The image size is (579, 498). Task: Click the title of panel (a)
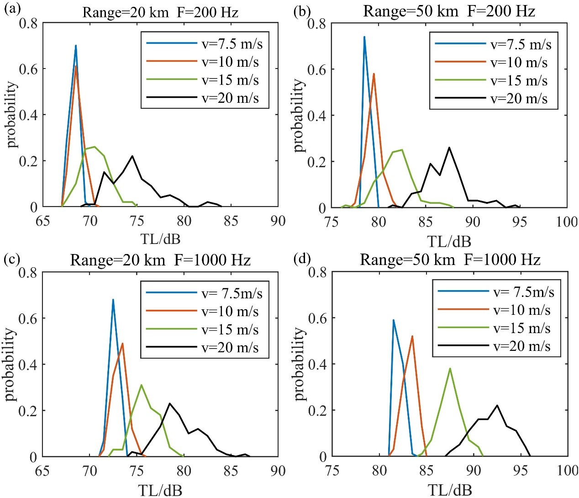coord(160,12)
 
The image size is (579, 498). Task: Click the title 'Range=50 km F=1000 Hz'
coord(450,260)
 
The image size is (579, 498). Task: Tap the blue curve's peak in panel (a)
coord(76,45)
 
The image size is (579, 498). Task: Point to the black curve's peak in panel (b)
coord(449,147)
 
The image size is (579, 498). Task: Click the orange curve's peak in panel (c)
coord(122,343)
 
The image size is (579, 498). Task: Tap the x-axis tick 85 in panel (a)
coord(231,221)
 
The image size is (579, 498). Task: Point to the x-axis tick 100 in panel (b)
coord(567,222)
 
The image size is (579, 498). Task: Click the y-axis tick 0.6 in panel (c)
coord(28,318)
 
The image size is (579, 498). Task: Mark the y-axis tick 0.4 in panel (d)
coord(318,364)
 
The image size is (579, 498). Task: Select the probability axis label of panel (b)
coord(299,115)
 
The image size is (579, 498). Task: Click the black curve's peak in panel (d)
coord(497,405)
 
